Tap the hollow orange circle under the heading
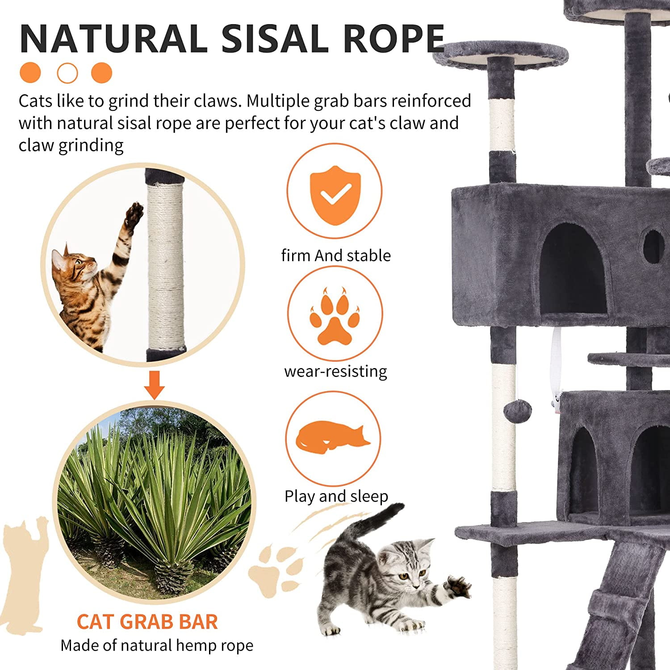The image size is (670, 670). point(67,73)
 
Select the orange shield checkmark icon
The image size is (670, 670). point(335,195)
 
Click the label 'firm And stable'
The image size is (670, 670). point(336,255)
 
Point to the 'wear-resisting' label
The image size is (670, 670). point(336,371)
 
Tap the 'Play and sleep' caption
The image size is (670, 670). point(336,496)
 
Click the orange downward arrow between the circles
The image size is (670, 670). point(155,385)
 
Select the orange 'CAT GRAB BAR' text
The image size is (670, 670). point(147,622)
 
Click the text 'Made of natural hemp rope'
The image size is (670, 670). point(157,645)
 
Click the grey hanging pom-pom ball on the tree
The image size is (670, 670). point(518,409)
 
